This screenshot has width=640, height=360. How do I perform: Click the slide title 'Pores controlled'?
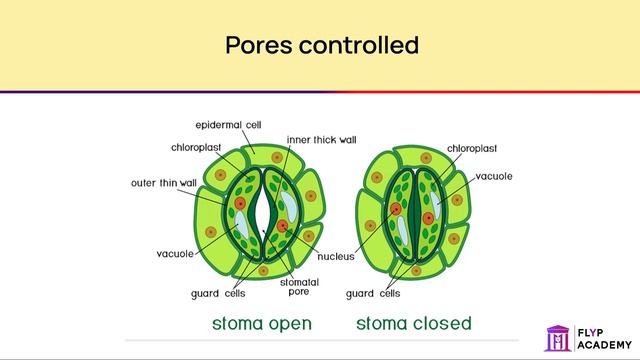pyautogui.click(x=320, y=46)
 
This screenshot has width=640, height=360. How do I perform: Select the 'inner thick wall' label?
pyautogui.click(x=321, y=140)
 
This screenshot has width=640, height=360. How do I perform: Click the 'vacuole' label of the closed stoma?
pyautogui.click(x=494, y=176)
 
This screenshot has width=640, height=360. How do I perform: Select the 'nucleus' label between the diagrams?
pyautogui.click(x=335, y=257)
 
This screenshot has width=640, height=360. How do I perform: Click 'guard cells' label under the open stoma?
pyautogui.click(x=218, y=293)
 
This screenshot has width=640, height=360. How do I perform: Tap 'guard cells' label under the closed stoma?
pyautogui.click(x=373, y=293)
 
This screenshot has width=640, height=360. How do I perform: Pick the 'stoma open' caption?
pyautogui.click(x=262, y=323)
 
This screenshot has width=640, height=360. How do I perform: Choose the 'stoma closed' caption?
pyautogui.click(x=414, y=323)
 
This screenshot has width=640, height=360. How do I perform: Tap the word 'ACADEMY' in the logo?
pyautogui.click(x=603, y=345)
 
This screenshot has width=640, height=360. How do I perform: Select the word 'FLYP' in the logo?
pyautogui.click(x=591, y=332)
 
